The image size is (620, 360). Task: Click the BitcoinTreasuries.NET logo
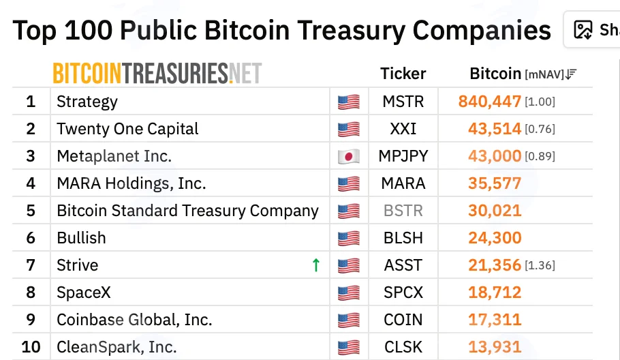[x=157, y=73]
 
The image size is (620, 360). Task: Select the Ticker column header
[x=403, y=74]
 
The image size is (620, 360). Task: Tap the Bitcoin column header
[x=495, y=74]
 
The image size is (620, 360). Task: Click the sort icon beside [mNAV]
[x=571, y=74]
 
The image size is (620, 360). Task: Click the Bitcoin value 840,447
[x=489, y=102]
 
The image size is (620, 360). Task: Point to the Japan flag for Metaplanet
[x=349, y=156]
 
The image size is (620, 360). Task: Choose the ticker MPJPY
[x=403, y=156]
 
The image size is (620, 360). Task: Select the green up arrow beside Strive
[x=316, y=265]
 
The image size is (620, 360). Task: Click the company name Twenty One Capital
[x=127, y=129]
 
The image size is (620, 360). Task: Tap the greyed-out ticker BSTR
[x=403, y=211]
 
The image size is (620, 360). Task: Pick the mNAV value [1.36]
[x=540, y=265]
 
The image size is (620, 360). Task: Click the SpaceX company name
[x=83, y=292]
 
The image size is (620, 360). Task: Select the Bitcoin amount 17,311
[x=495, y=320]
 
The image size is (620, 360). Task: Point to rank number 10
[x=31, y=347]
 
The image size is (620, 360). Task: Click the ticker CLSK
[x=403, y=347]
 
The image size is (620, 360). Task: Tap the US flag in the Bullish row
[x=349, y=238]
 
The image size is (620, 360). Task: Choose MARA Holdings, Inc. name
[x=131, y=183]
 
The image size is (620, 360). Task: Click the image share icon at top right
[x=583, y=30]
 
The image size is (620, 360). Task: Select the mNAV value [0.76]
[x=540, y=129]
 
